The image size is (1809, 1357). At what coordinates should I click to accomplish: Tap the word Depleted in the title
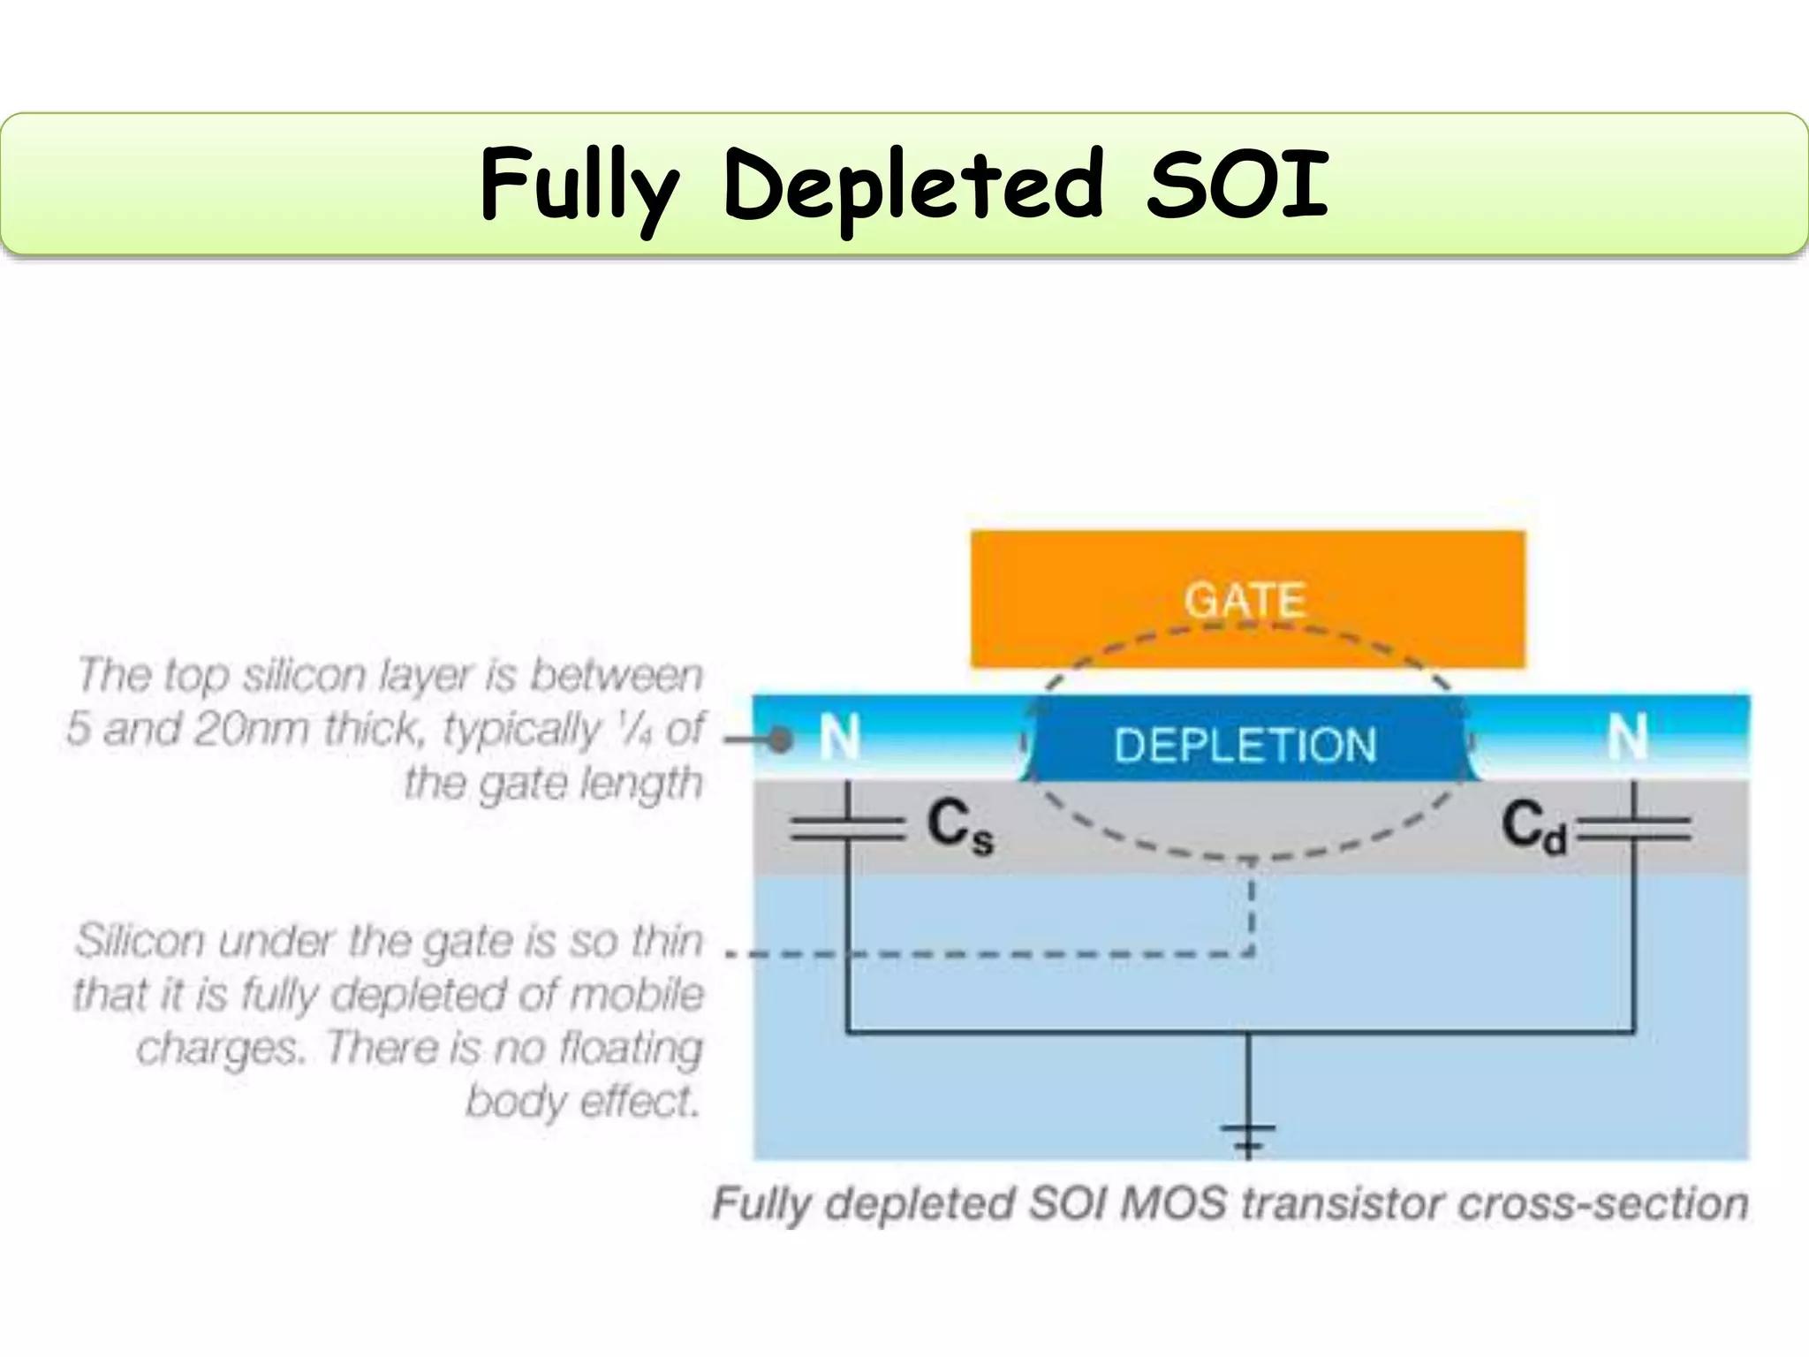point(913,186)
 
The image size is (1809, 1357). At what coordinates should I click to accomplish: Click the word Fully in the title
point(579,186)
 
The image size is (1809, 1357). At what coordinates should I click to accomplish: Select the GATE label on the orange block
point(1245,601)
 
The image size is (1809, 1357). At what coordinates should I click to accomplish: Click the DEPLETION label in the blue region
point(1245,745)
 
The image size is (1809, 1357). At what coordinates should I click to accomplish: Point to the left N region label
point(838,737)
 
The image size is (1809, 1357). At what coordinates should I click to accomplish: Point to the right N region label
point(1627,737)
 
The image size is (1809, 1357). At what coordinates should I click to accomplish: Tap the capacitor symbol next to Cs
point(847,829)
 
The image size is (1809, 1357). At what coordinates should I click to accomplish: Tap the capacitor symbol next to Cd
point(1634,829)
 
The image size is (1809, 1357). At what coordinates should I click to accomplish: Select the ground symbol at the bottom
point(1247,1136)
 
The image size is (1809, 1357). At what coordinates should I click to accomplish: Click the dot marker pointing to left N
point(779,739)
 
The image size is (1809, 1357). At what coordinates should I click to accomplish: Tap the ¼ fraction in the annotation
point(634,728)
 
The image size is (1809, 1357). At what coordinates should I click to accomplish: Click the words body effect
point(583,1102)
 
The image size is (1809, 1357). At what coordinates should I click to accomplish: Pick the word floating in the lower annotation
point(631,1049)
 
